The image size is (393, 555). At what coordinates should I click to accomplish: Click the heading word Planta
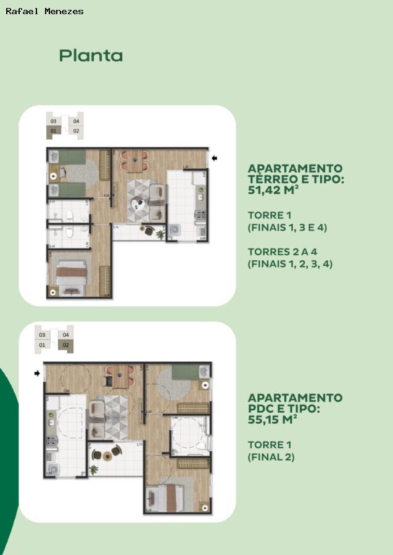click(91, 55)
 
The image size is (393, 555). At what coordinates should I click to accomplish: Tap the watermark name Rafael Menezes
click(44, 11)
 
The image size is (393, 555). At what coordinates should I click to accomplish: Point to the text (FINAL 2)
click(271, 457)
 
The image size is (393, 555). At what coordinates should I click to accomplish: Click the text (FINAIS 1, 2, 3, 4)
click(287, 263)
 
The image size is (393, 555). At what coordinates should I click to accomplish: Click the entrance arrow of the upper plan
click(215, 158)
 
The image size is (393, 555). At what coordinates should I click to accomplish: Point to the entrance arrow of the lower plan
click(38, 373)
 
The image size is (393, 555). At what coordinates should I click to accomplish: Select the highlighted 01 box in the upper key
click(54, 131)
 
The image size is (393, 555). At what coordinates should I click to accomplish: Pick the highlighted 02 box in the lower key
click(65, 345)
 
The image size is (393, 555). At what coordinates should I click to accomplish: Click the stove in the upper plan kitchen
click(200, 215)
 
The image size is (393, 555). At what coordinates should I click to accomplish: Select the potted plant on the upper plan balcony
click(160, 234)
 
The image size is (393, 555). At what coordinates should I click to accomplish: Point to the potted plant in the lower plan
click(94, 469)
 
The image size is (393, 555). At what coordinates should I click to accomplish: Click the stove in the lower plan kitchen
click(52, 440)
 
